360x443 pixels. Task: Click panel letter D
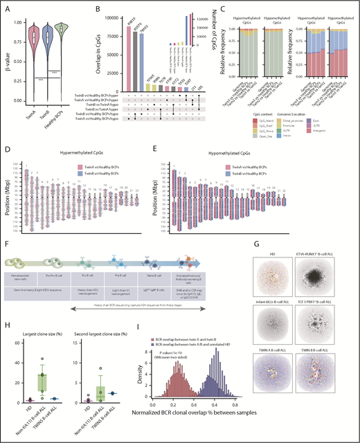pyautogui.click(x=6, y=147)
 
